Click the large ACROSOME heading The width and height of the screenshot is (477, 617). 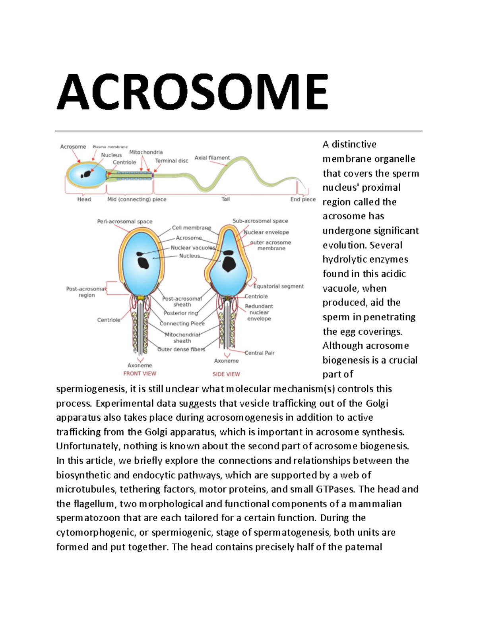click(x=193, y=92)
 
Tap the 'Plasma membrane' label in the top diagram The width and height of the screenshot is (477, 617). click(x=110, y=147)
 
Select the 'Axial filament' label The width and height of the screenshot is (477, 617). click(x=212, y=158)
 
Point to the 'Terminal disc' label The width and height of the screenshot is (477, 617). click(x=172, y=161)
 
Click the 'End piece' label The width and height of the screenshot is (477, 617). click(x=303, y=199)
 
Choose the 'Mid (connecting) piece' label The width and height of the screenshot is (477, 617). click(x=137, y=199)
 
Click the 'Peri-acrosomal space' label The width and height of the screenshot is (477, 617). click(x=125, y=222)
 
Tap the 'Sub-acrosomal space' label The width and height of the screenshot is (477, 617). click(x=260, y=221)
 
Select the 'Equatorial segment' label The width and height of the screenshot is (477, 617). click(x=279, y=286)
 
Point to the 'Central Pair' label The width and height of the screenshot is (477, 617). click(x=260, y=353)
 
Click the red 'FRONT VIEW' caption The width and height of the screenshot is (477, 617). click(x=140, y=373)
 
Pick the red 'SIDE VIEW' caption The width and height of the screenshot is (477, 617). click(x=226, y=374)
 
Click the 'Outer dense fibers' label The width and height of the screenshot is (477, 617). click(x=181, y=350)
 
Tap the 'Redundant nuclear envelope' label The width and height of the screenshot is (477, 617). click(x=259, y=312)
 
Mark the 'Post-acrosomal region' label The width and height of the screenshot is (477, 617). click(x=86, y=292)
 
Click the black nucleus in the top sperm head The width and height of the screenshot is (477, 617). click(x=87, y=174)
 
